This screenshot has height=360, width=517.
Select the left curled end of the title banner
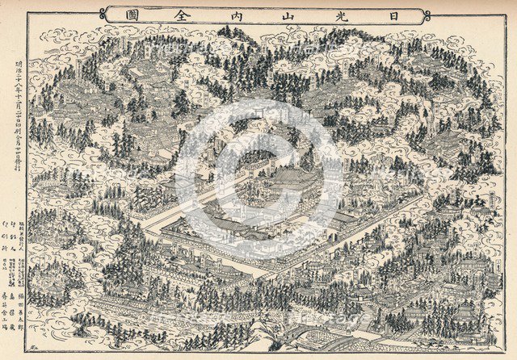click(x=104, y=14)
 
